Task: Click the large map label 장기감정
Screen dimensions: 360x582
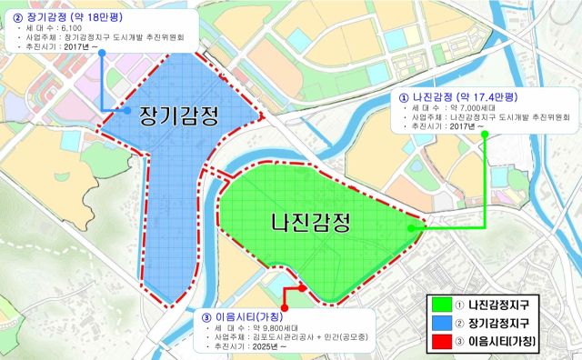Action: click(178, 116)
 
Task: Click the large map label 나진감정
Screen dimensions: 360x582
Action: click(312, 221)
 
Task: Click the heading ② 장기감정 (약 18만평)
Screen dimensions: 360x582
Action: click(70, 15)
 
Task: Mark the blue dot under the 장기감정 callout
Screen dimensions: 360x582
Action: click(102, 53)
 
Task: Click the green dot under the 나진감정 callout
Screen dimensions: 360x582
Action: click(485, 135)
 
